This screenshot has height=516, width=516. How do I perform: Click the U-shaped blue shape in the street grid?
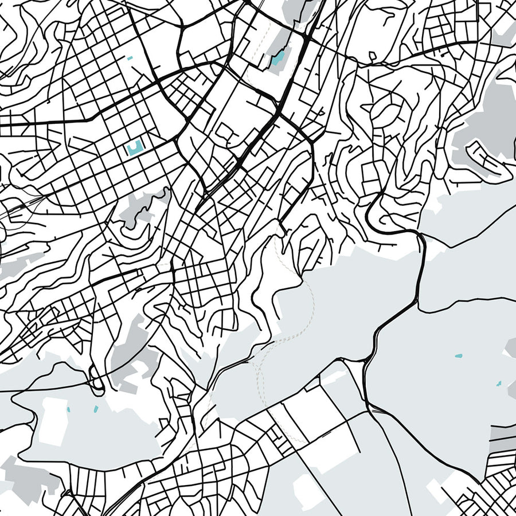[x=135, y=148]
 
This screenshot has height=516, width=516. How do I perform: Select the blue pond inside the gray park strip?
[x=278, y=58]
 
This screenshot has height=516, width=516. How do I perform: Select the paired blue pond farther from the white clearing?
[x=95, y=408]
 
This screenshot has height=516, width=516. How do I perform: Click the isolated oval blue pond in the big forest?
[x=458, y=356]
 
